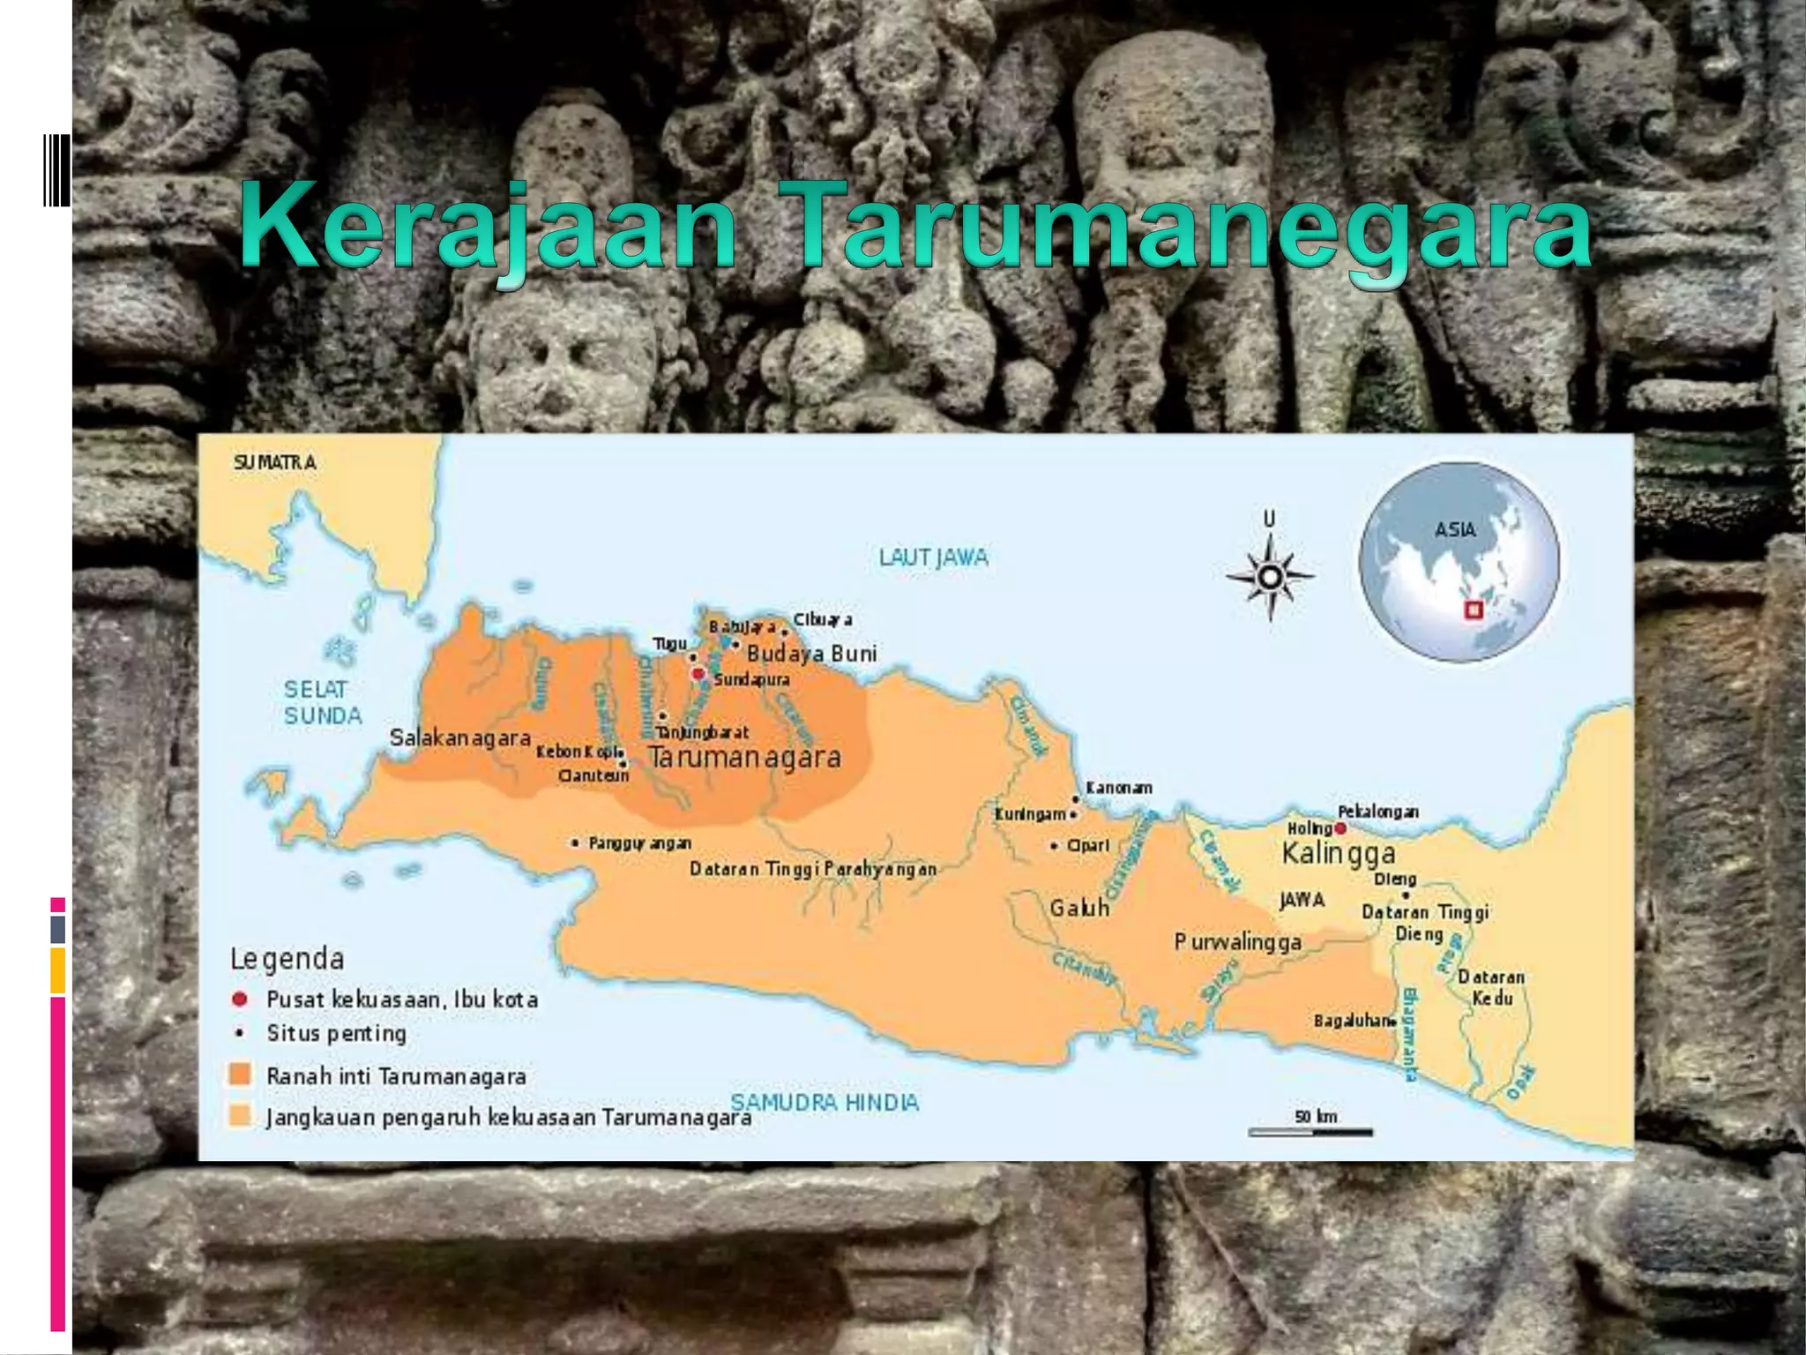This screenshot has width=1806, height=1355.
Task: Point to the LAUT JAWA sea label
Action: point(933,558)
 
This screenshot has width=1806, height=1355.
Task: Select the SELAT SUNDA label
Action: point(322,702)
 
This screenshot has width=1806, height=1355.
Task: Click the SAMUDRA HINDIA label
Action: point(825,1102)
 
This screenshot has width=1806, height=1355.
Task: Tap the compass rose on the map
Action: point(1270,578)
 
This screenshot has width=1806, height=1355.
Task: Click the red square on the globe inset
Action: point(1472,610)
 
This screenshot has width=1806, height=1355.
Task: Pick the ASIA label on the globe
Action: point(1454,529)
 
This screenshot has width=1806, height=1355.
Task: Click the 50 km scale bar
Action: point(1310,1130)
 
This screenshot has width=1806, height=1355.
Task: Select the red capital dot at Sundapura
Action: point(698,674)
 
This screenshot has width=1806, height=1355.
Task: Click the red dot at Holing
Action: point(1340,827)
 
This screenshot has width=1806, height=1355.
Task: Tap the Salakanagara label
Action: point(460,737)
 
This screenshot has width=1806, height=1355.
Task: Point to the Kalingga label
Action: point(1338,854)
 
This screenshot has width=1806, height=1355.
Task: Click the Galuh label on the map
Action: point(1079,908)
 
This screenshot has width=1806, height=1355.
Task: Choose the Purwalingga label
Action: point(1237,942)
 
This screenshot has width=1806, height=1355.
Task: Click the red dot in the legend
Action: point(239,999)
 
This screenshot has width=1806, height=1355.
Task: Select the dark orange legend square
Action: point(239,1074)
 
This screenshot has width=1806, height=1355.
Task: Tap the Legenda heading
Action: point(287,958)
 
